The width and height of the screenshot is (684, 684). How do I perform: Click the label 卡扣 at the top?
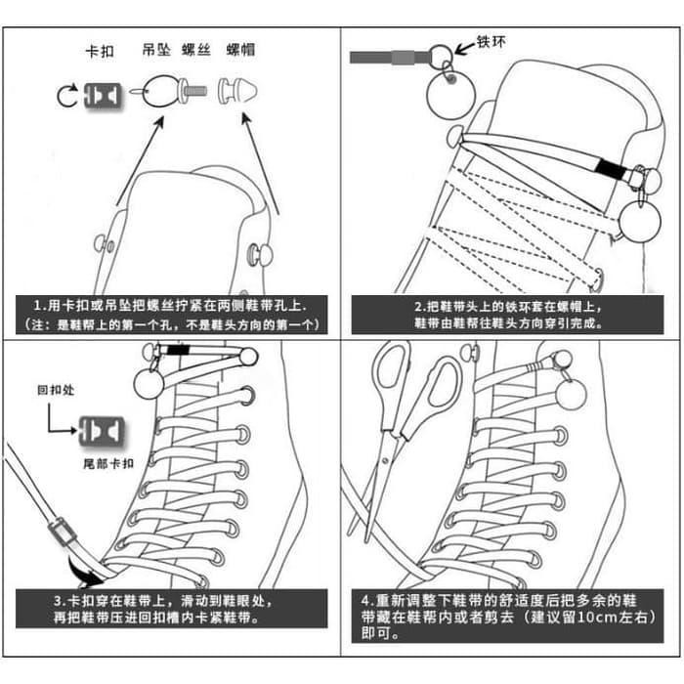pos(100,52)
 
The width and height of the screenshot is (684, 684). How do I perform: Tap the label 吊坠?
pos(156,50)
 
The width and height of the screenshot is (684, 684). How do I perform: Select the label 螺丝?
pos(195,50)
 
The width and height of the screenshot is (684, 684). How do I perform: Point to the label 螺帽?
pos(240,50)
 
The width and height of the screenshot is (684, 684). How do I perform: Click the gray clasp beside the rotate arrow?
pos(103,95)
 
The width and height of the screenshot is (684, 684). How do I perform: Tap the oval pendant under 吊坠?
pos(158,91)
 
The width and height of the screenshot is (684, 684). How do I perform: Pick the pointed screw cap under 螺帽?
pos(237,91)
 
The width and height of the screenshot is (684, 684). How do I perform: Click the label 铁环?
pos(492,42)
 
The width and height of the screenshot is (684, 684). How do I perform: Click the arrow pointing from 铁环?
pos(464,48)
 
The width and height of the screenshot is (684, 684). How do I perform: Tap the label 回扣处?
pos(56,390)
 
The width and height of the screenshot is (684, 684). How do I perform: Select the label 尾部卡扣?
pos(108,463)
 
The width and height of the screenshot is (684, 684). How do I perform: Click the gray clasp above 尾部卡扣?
pos(102,431)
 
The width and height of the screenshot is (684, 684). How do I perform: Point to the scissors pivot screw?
pos(385,460)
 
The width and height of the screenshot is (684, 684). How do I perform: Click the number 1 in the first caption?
pos(37,305)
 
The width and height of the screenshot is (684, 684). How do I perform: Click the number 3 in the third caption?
pos(59,601)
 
